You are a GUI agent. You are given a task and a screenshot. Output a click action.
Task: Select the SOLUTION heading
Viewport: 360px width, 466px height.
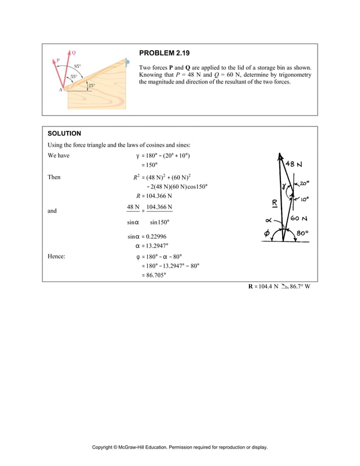[x=64, y=134]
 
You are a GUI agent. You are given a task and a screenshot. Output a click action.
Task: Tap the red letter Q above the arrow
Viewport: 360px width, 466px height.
[x=74, y=49]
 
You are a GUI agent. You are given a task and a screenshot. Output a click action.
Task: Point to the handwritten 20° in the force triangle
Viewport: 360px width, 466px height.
[x=304, y=183]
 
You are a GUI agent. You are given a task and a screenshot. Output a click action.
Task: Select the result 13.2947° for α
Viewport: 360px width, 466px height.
[x=154, y=246]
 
